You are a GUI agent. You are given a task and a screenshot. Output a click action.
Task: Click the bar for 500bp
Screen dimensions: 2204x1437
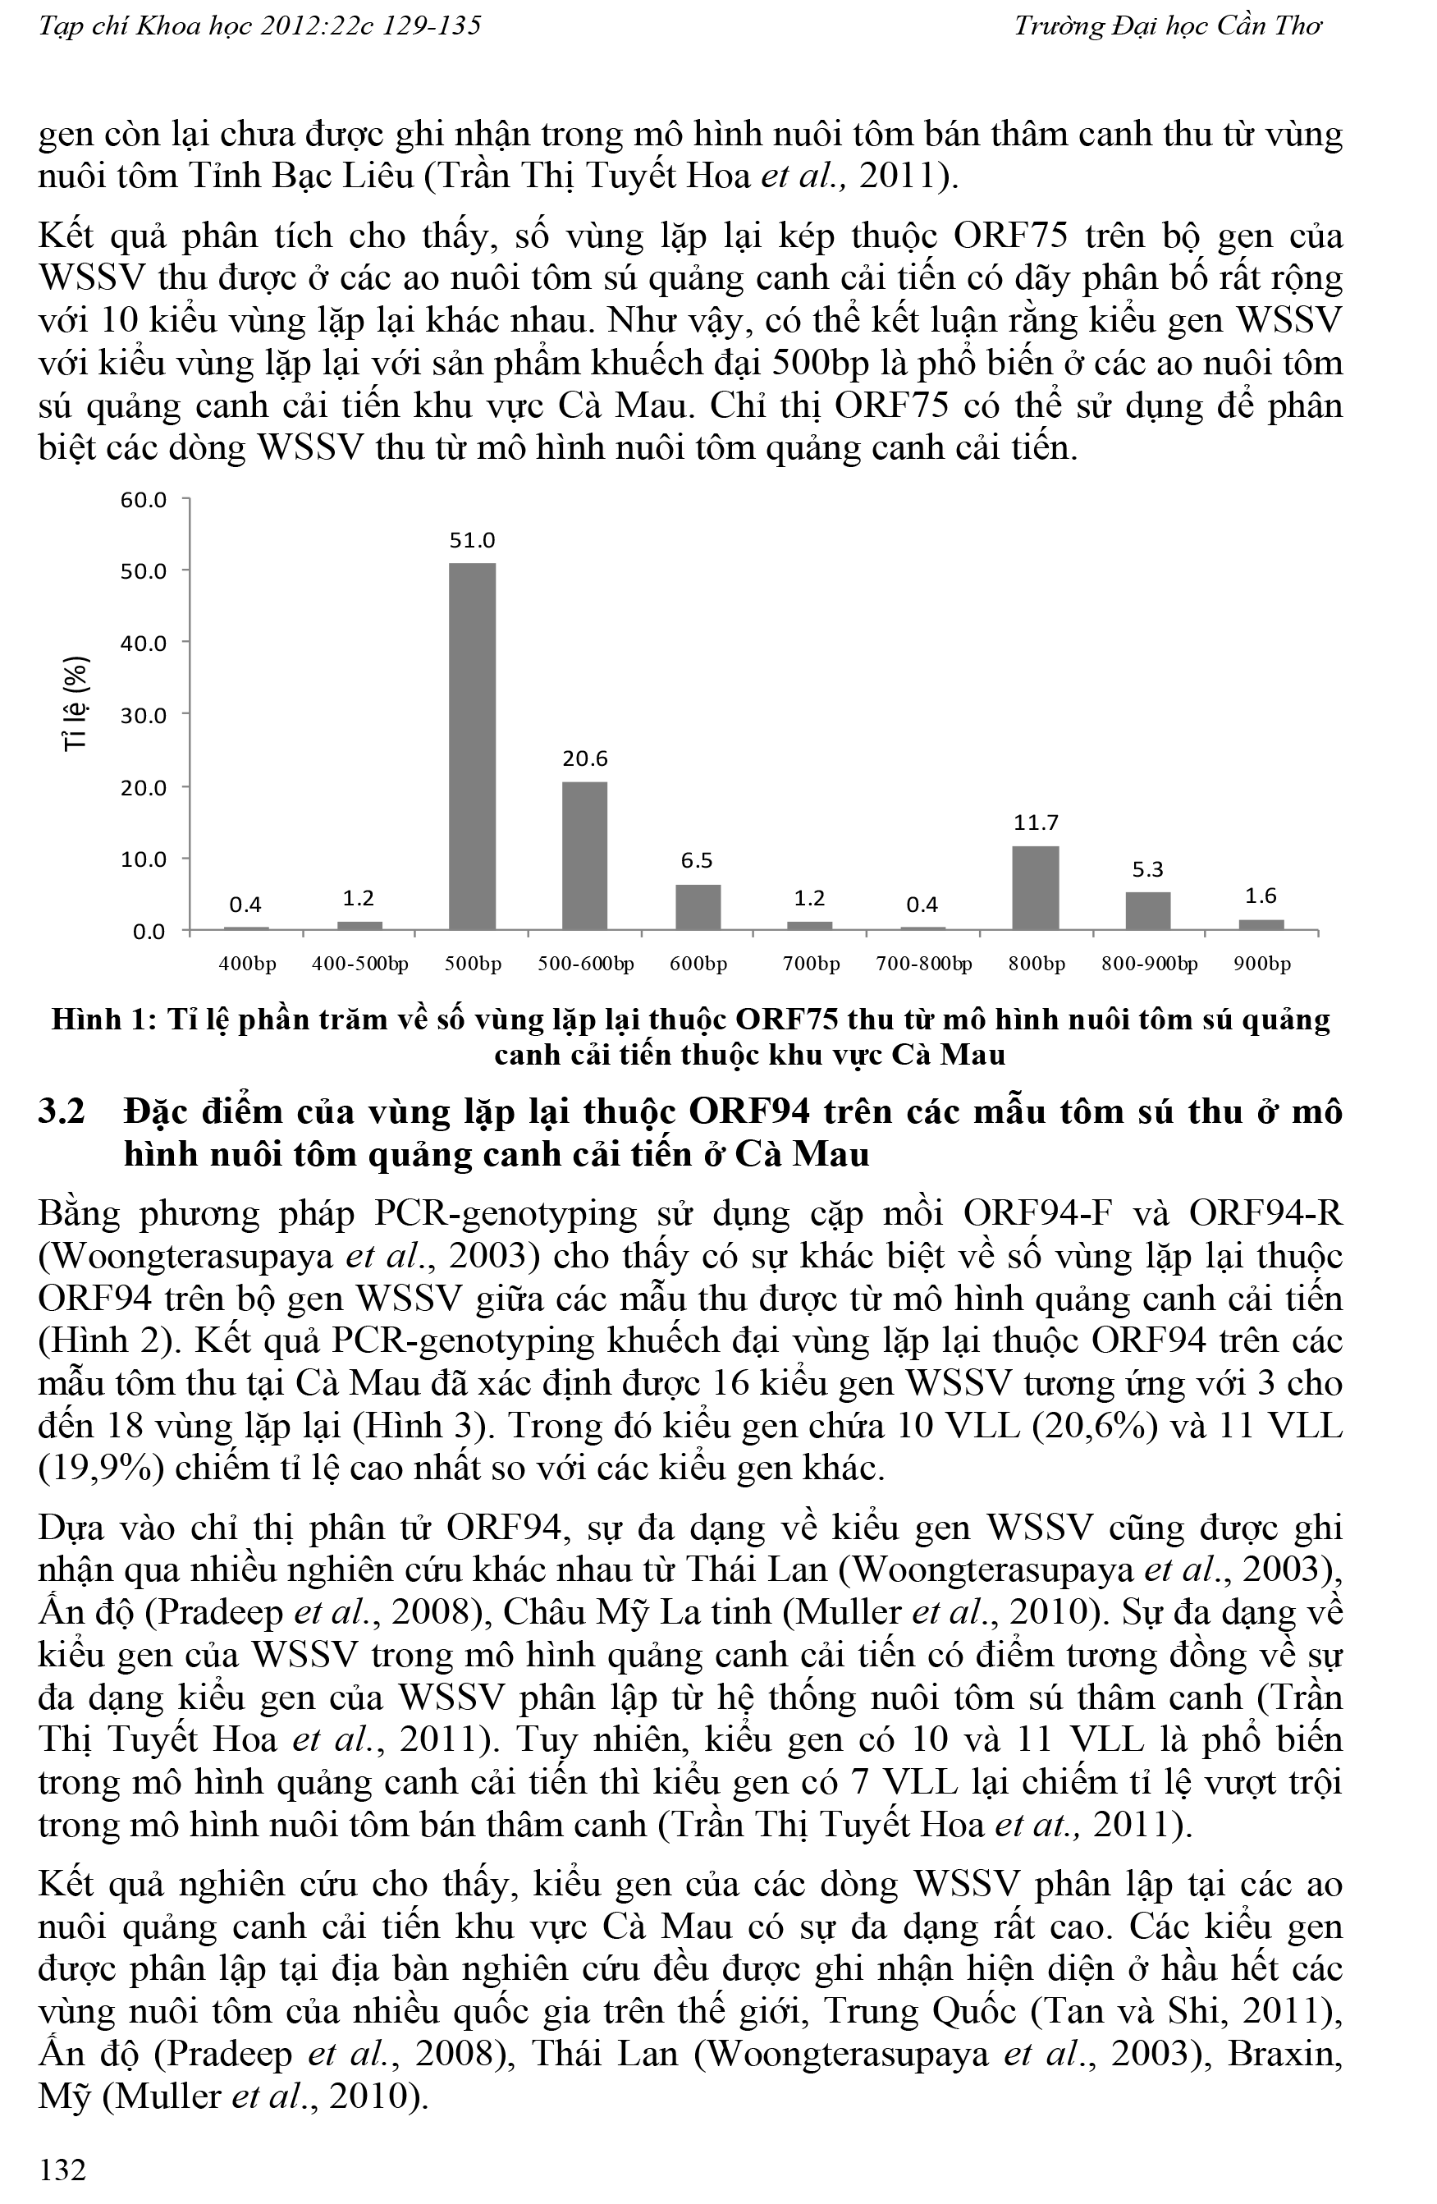pyautogui.click(x=472, y=745)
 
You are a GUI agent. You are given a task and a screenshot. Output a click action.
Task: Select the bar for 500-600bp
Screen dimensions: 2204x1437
pyautogui.click(x=584, y=855)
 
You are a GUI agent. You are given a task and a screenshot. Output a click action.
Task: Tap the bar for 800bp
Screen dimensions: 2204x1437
pyautogui.click(x=1035, y=887)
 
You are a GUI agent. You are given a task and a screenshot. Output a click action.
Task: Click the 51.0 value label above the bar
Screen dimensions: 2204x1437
pyautogui.click(x=472, y=540)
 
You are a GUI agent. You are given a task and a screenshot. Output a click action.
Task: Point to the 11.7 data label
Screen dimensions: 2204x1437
pyautogui.click(x=1035, y=822)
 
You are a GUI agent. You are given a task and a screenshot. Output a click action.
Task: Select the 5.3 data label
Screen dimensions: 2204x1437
pyautogui.click(x=1147, y=869)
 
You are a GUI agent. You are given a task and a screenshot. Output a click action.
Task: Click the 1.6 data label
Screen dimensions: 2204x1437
pyautogui.click(x=1261, y=896)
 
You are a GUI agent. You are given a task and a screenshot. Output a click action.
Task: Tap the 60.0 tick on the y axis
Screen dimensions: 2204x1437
pyautogui.click(x=144, y=500)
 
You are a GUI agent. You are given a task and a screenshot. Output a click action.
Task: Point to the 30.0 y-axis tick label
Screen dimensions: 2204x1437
pyautogui.click(x=144, y=715)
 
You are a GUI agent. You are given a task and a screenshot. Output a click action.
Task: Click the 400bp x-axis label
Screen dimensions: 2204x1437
pyautogui.click(x=247, y=964)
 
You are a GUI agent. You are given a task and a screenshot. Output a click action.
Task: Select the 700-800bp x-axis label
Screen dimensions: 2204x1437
pyautogui.click(x=923, y=964)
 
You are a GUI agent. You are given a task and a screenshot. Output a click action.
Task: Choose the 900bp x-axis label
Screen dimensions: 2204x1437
pyautogui.click(x=1262, y=964)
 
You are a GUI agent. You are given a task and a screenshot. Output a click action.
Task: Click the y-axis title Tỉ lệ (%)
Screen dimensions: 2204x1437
pyautogui.click(x=76, y=703)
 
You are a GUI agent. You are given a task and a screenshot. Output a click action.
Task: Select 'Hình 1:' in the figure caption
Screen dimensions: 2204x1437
pyautogui.click(x=103, y=1020)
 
